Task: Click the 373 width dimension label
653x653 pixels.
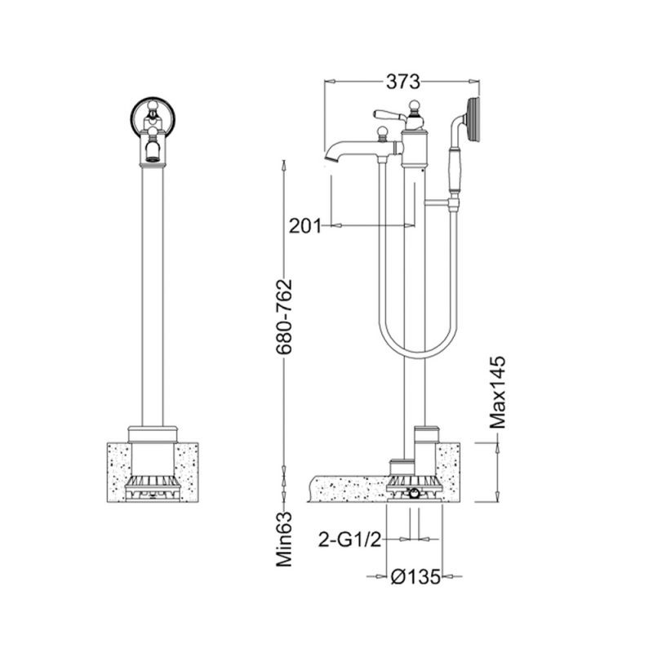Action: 402,82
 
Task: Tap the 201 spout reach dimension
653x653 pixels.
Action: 305,226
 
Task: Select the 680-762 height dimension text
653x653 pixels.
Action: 285,317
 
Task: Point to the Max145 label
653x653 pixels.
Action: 497,393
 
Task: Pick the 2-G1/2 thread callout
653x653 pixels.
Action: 350,540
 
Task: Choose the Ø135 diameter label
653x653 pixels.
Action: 415,577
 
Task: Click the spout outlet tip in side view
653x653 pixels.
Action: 329,158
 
